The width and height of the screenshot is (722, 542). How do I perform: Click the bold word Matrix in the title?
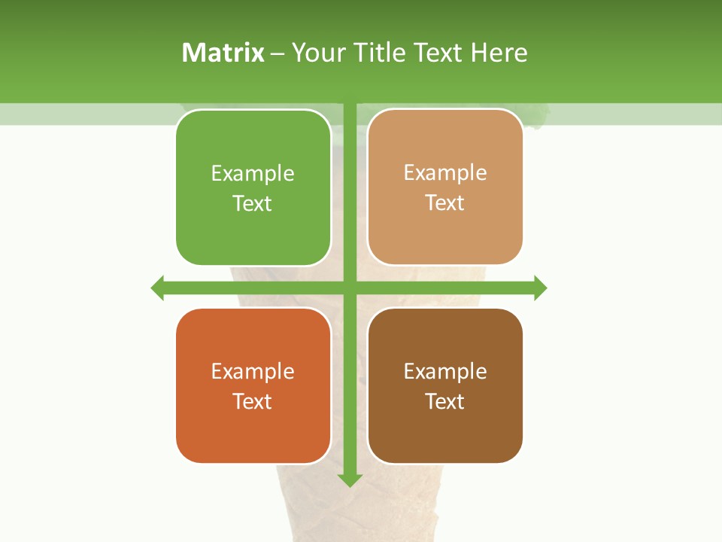pos(223,53)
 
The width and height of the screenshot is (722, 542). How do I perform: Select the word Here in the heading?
pos(499,53)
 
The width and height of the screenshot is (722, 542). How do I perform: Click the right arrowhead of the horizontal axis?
pos(540,288)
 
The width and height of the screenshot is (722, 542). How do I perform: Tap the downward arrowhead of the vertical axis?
pos(350,480)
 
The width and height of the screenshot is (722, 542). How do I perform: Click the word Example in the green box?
pos(253,173)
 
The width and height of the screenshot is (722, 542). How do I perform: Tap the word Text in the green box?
pos(253,203)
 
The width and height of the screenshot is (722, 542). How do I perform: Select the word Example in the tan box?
pos(445,172)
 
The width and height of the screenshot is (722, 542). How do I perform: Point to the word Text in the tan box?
pos(445,202)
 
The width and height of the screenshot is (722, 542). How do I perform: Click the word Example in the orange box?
pos(253,371)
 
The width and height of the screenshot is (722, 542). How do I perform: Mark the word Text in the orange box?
pos(253,401)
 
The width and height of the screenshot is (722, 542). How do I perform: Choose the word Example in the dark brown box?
pos(445,371)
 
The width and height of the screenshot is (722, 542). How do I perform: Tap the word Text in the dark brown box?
pos(445,401)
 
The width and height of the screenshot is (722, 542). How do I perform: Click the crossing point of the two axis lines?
pos(350,288)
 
